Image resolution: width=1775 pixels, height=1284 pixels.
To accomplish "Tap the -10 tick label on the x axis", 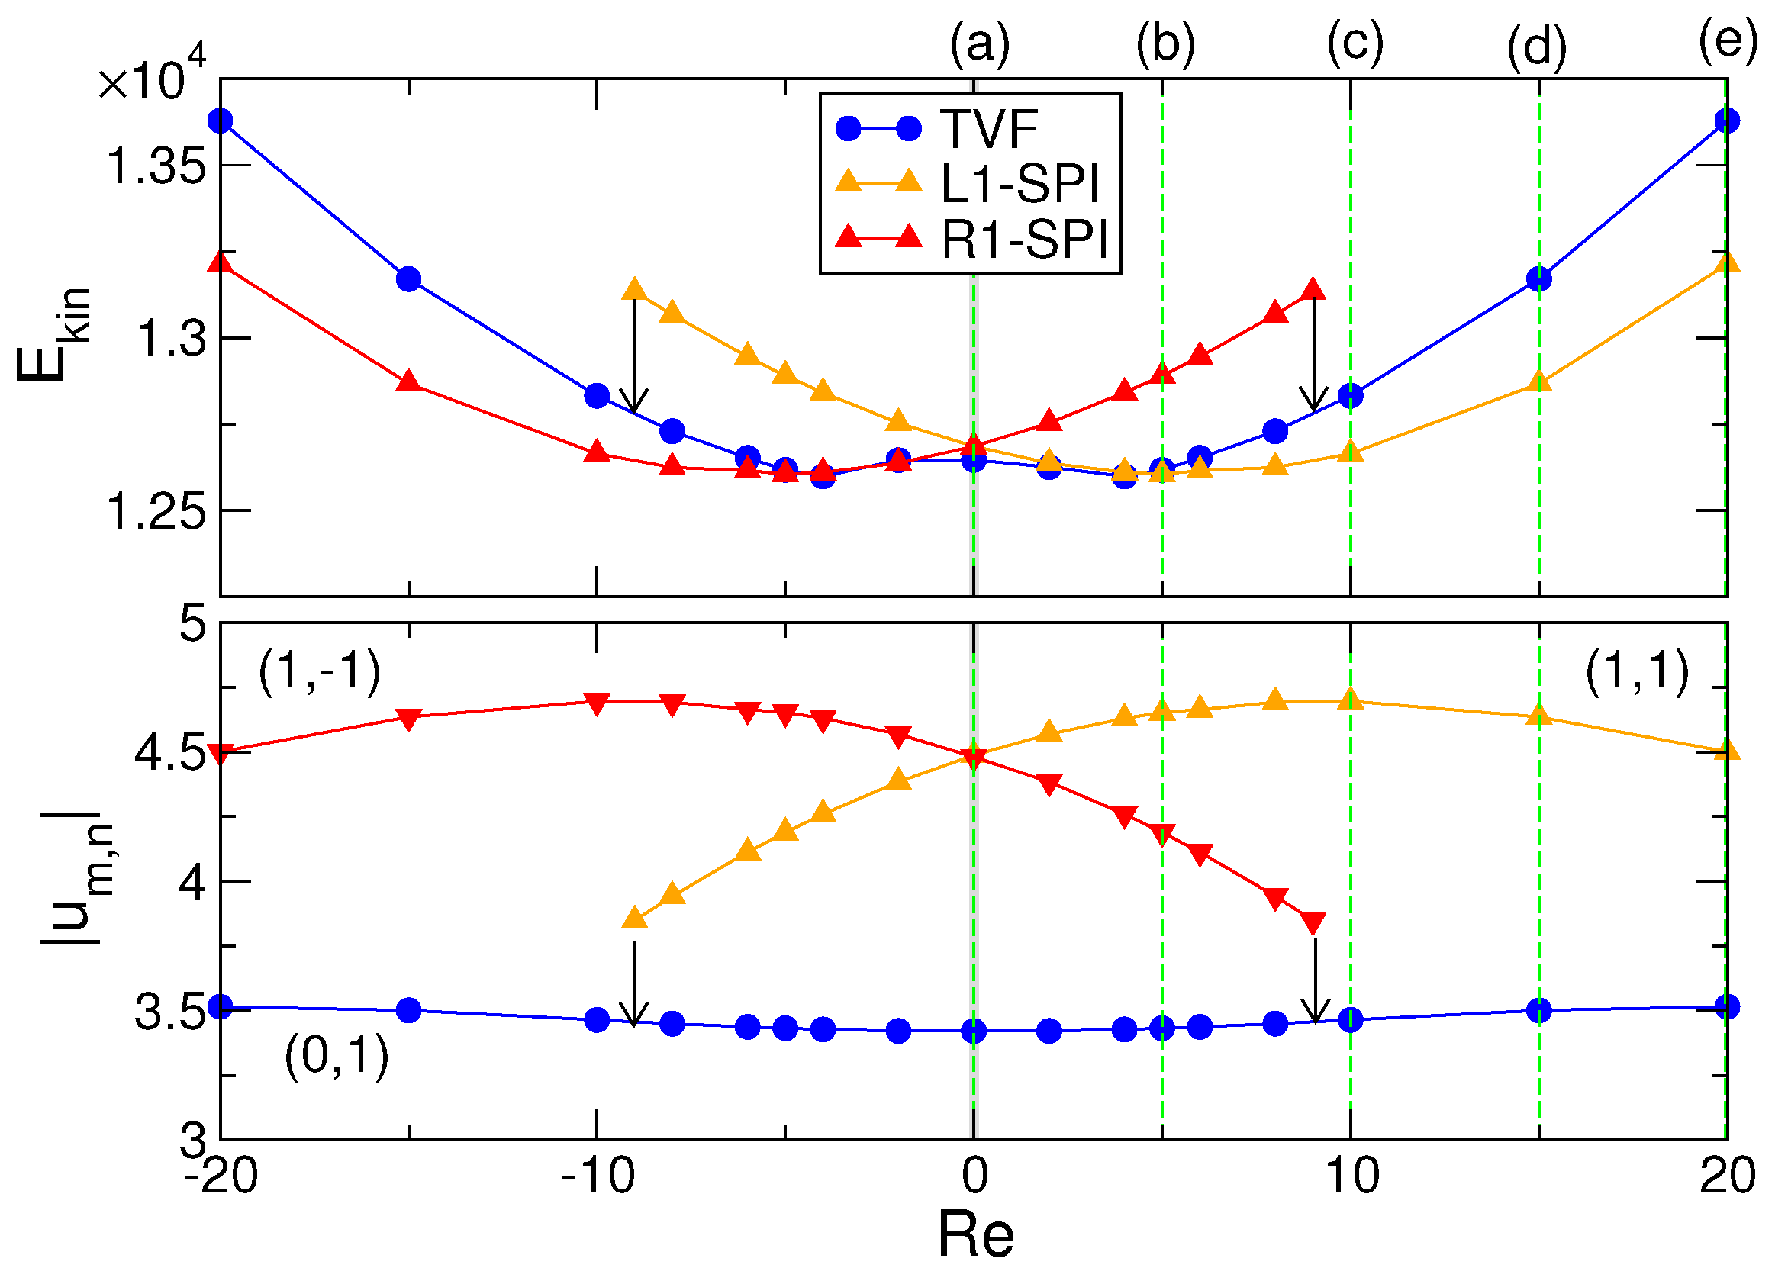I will [x=598, y=1175].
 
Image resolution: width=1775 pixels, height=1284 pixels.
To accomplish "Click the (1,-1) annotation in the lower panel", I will [x=319, y=671].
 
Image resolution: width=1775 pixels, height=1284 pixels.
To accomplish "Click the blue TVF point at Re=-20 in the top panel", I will [x=221, y=121].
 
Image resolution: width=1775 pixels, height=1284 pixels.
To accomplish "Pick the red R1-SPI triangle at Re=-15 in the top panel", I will [x=408, y=381].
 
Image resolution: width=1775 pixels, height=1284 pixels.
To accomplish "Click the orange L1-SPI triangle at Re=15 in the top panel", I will [x=1538, y=381].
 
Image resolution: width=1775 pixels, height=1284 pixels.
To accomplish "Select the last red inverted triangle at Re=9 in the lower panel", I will [x=1313, y=923].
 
